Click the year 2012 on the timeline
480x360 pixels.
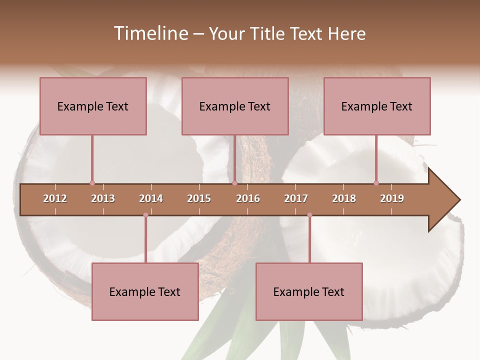[55, 198]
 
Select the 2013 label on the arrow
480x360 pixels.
[103, 198]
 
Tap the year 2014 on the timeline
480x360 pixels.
[151, 198]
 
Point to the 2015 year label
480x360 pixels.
[199, 198]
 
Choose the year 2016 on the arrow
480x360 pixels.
[248, 198]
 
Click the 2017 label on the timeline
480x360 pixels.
[296, 198]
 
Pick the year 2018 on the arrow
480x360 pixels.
[344, 198]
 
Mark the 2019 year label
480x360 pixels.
[392, 198]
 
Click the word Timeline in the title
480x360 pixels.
[150, 33]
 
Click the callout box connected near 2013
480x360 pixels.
[93, 106]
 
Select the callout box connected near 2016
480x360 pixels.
[235, 106]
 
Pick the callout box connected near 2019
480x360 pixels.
[377, 106]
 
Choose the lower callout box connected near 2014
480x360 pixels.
[145, 291]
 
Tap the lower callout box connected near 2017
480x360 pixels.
[309, 291]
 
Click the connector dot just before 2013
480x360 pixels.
[92, 183]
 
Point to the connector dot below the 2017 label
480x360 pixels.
[309, 215]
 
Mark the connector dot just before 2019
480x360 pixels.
[376, 183]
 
